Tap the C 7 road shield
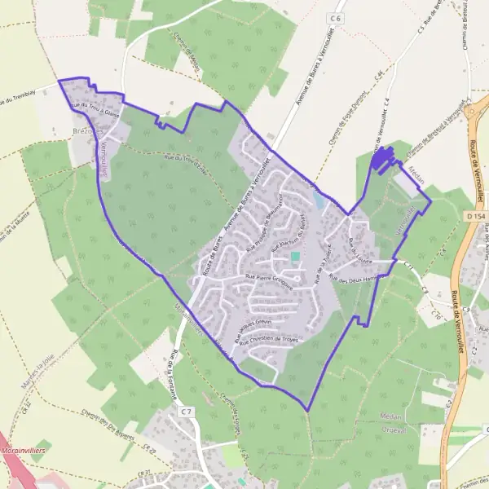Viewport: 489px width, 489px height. coord(187,412)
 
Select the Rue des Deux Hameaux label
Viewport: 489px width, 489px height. coord(357,277)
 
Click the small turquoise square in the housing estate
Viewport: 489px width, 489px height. coord(295,257)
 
